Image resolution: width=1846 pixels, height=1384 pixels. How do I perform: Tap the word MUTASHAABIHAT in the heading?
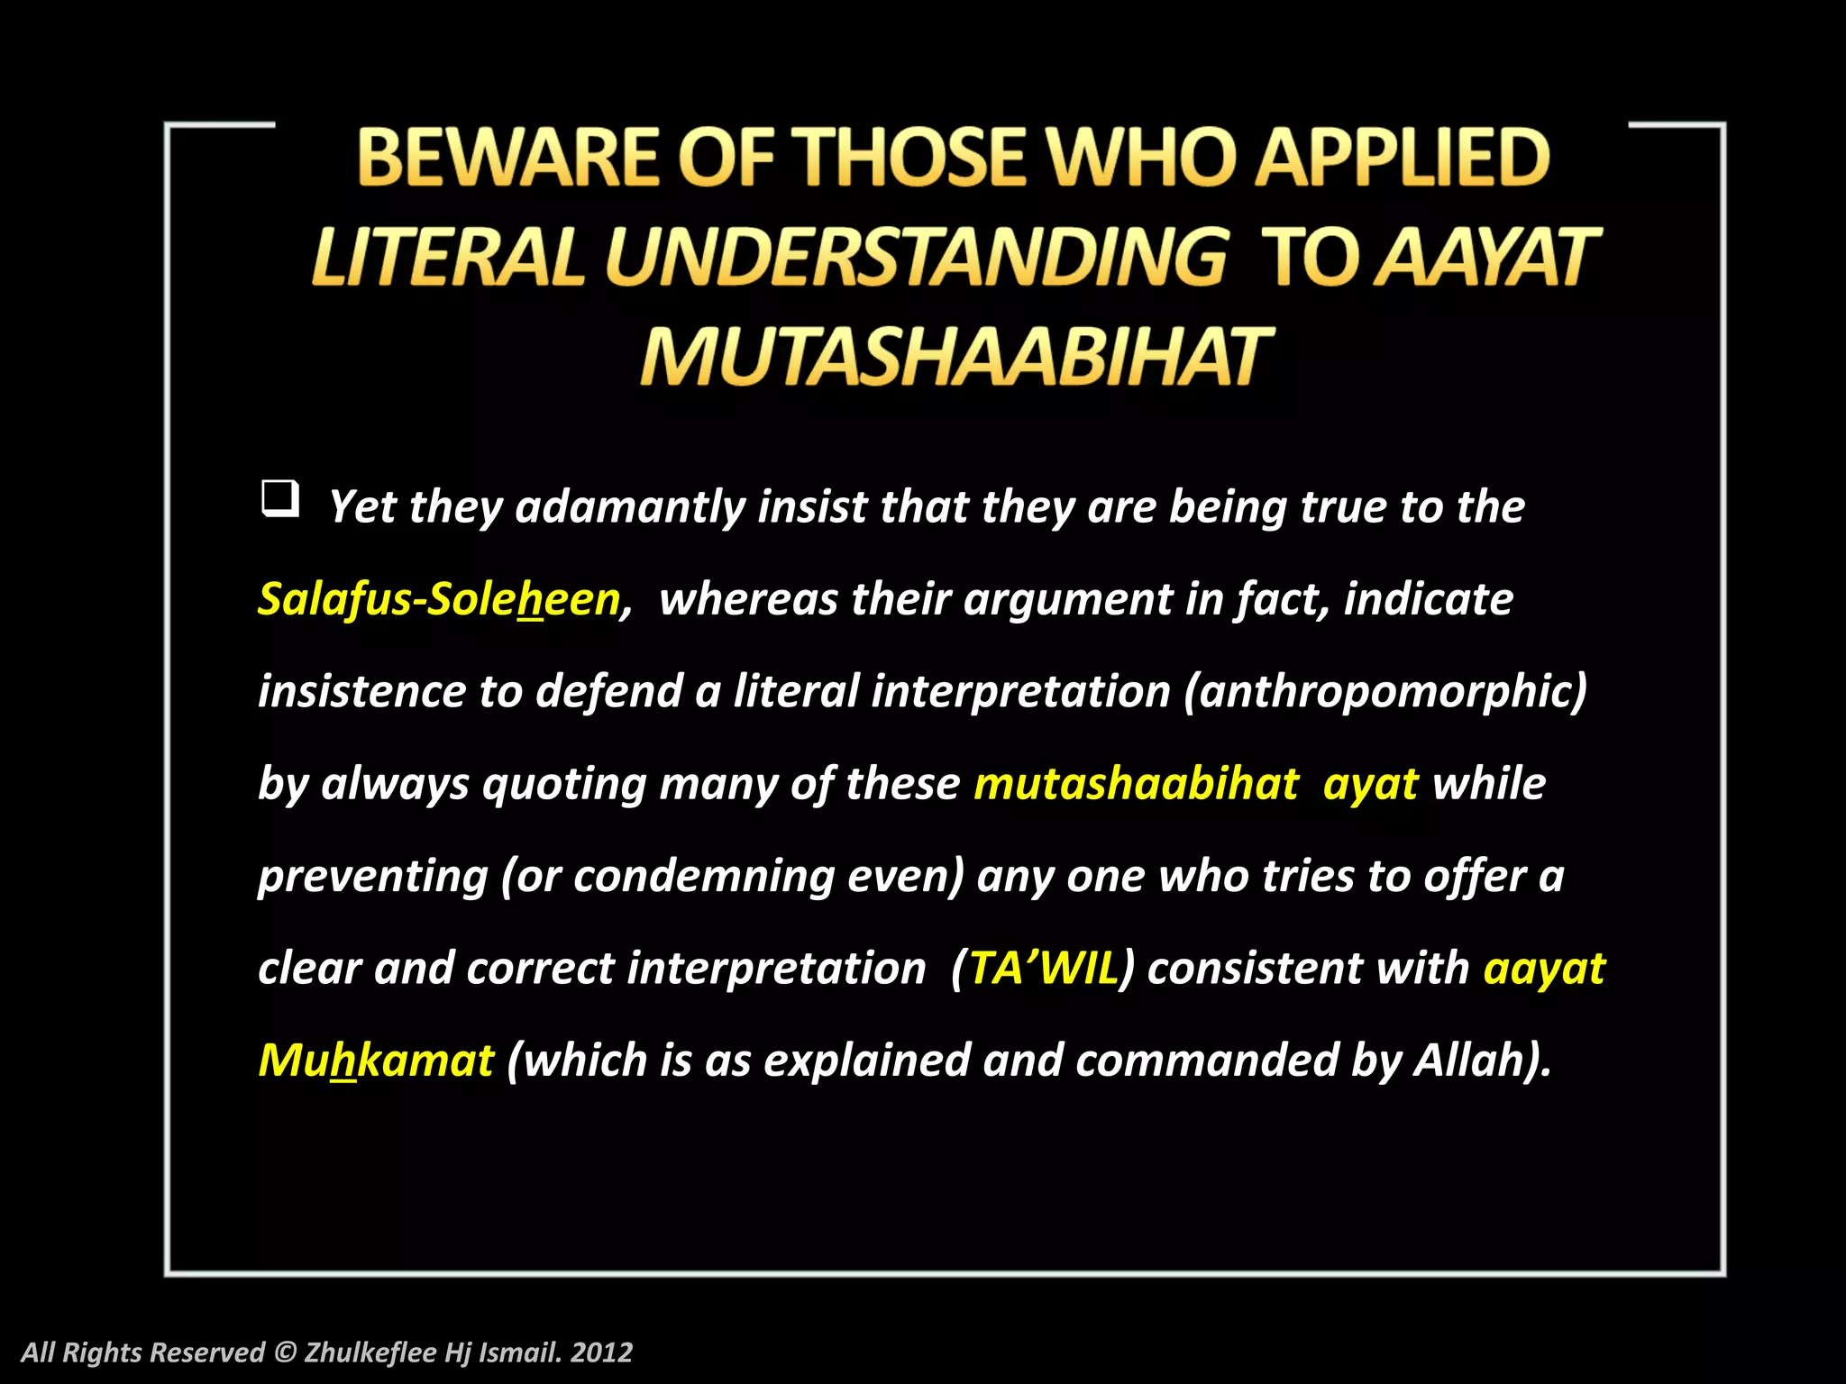coord(955,358)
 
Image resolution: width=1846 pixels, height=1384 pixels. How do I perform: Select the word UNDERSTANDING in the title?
coord(916,258)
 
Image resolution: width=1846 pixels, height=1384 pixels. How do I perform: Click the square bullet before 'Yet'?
coord(280,498)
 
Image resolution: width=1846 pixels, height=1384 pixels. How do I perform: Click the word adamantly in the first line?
coord(629,506)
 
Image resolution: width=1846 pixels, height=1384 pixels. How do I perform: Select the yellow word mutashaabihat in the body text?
coord(1136,784)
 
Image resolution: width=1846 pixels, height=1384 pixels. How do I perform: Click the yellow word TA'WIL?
coord(1043,969)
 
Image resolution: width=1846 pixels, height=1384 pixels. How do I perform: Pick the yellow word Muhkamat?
coord(376,1061)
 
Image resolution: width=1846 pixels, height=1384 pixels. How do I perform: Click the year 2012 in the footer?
coord(602,1352)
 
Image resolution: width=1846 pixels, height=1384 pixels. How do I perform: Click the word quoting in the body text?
coord(564,784)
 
